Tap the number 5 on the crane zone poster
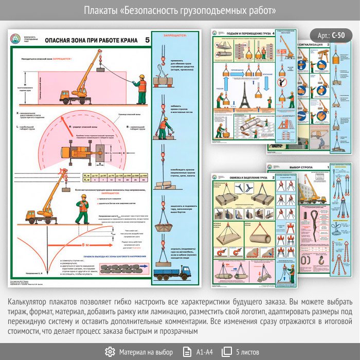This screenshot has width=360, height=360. pos(148,40)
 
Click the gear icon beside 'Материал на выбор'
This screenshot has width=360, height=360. pos(110,352)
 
